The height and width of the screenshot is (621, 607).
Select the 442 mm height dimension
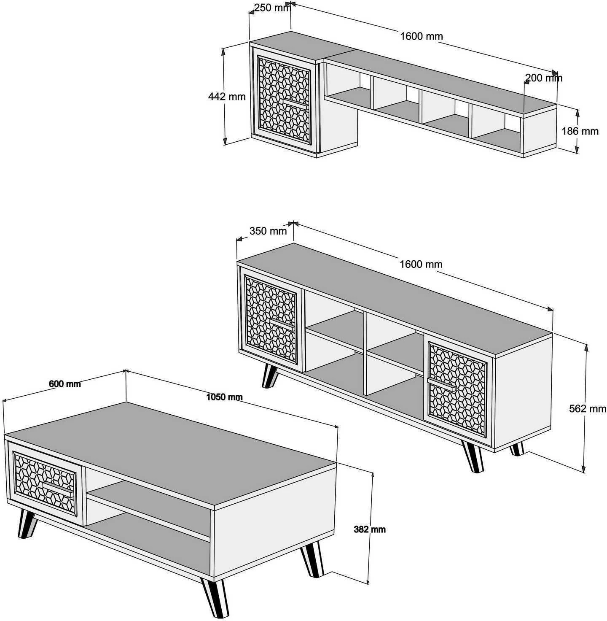tap(227, 96)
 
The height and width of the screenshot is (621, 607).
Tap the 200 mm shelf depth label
tap(544, 78)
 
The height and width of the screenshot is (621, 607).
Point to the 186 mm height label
tap(580, 131)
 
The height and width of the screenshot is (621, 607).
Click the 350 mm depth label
tap(268, 231)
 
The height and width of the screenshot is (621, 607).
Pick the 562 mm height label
tap(588, 408)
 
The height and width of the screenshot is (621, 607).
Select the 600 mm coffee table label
tap(65, 384)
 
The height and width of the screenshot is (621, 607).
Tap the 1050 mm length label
tap(224, 397)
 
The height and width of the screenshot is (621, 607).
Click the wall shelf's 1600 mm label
tap(422, 36)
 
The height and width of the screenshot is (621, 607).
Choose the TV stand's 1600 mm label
tap(421, 264)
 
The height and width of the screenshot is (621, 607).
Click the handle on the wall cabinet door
tap(295, 103)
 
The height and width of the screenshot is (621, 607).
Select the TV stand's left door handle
tap(282, 324)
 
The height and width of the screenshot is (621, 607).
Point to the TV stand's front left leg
tap(269, 377)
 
